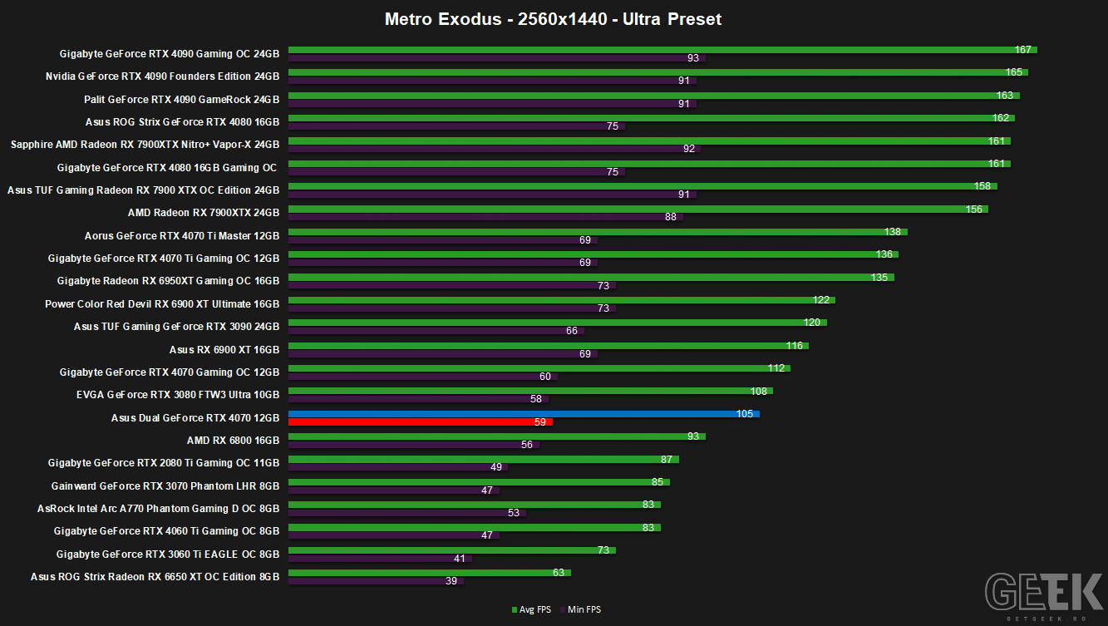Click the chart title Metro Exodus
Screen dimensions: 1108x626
click(443, 19)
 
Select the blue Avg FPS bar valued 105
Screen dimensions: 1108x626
click(524, 414)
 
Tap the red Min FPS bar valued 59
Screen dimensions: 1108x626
click(421, 422)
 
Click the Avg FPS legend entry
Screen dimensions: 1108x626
click(531, 609)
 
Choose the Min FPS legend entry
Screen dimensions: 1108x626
click(581, 609)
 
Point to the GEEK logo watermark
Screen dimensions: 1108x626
click(1044, 595)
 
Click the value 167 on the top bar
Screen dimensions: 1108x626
click(1022, 50)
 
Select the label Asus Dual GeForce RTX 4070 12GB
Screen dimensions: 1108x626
click(195, 418)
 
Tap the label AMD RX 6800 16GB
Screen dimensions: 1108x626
click(233, 441)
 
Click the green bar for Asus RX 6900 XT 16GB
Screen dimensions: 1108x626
click(549, 345)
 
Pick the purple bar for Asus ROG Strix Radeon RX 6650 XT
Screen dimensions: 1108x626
click(376, 581)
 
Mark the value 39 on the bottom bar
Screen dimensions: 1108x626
click(451, 581)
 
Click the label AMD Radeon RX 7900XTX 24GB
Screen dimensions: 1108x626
click(204, 213)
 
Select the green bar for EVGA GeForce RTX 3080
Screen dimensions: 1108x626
click(531, 391)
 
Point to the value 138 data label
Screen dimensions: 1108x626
click(893, 232)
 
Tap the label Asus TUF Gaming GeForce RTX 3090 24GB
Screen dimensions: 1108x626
click(176, 327)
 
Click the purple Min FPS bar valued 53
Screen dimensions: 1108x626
click(407, 513)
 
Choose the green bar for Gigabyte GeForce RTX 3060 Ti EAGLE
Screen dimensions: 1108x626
click(452, 550)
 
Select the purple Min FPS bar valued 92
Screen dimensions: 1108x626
click(495, 149)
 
